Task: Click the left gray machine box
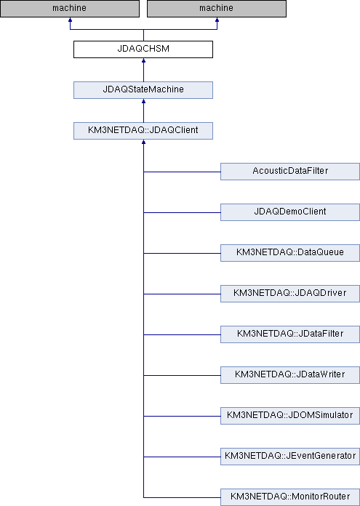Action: point(70,9)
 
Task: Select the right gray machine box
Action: point(217,9)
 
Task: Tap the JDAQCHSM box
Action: point(143,49)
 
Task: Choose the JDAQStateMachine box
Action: point(143,90)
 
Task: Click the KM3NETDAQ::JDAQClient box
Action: point(143,131)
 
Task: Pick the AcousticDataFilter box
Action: point(290,172)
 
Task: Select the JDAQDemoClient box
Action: point(290,212)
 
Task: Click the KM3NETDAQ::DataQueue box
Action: point(290,253)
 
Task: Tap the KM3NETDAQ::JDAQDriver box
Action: point(290,293)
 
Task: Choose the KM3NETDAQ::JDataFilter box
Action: point(290,334)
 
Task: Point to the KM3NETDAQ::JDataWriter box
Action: point(290,374)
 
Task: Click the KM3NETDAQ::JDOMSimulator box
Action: point(290,415)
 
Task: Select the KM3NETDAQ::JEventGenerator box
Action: point(290,456)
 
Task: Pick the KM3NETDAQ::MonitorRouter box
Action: point(290,497)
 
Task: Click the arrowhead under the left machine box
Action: point(70,20)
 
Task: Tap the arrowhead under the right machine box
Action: point(217,20)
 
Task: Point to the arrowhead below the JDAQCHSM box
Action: point(144,60)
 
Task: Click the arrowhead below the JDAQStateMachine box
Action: point(144,101)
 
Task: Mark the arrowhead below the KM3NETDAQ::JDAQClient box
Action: point(144,142)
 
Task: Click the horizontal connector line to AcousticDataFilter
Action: point(182,172)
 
